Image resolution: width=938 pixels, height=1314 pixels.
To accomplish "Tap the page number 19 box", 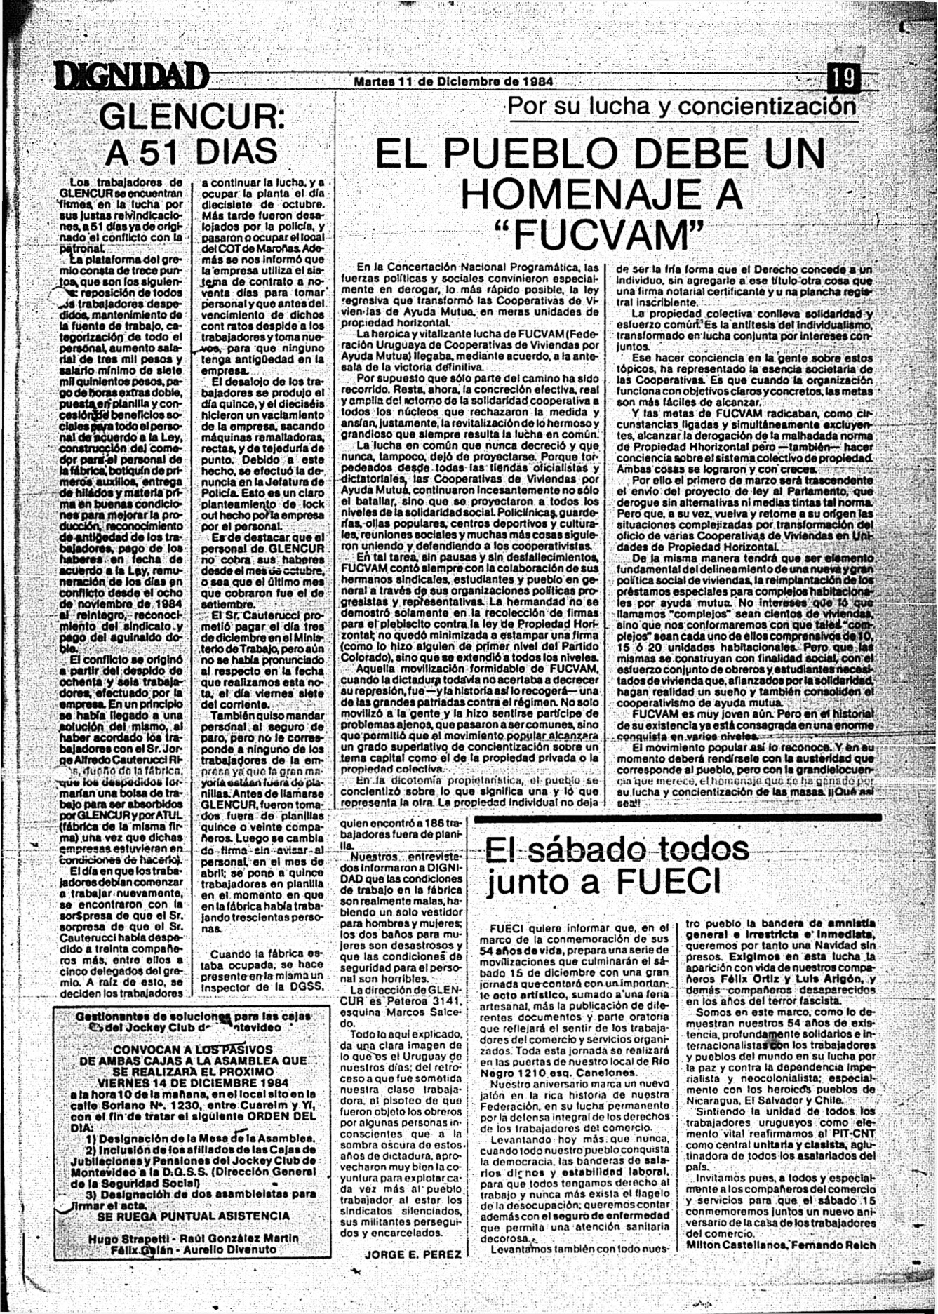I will coord(845,77).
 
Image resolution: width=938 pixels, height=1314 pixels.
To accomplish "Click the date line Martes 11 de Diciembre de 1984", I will coord(453,81).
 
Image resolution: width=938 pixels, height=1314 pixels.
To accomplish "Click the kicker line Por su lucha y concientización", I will coord(681,107).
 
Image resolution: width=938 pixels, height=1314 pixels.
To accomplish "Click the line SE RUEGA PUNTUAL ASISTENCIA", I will coord(193,1215).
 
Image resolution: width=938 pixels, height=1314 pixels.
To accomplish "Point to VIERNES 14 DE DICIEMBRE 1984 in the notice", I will coord(193,1082).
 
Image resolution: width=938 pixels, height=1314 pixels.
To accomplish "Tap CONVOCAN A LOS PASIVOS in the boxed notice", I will coord(193,1050).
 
